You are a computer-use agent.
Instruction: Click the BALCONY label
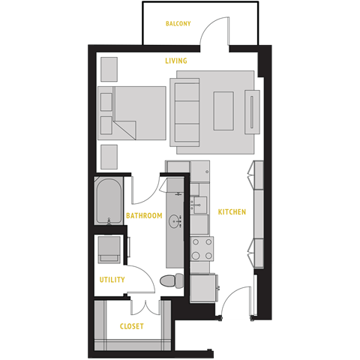(178, 24)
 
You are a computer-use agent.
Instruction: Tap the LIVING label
(176, 61)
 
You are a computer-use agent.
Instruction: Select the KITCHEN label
(232, 212)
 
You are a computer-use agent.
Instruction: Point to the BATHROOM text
(144, 216)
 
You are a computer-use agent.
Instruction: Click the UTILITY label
(112, 280)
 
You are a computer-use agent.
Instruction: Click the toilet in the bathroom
(171, 280)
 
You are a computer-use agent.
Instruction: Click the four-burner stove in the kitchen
(202, 247)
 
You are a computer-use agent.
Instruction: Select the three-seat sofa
(187, 112)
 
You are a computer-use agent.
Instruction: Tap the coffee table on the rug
(223, 111)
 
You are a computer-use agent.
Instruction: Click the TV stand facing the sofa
(253, 111)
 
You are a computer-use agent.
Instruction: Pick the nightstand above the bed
(109, 69)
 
